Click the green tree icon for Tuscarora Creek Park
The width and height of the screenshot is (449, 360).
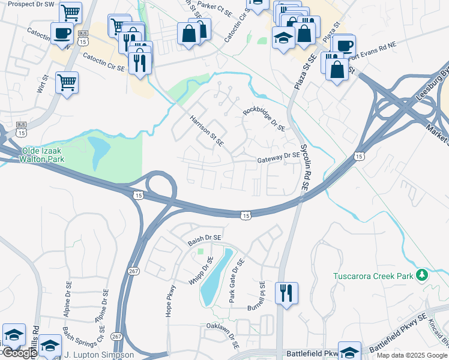click(423, 275)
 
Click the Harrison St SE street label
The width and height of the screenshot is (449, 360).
click(206, 131)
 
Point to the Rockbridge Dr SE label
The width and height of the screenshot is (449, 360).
click(264, 119)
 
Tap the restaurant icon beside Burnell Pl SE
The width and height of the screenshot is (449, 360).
click(286, 292)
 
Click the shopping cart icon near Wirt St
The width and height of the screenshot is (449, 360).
click(67, 82)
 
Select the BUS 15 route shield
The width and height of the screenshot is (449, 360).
click(83, 38)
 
